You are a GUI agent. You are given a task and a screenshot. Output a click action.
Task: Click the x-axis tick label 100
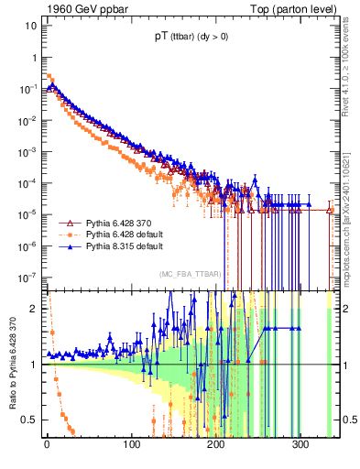131,445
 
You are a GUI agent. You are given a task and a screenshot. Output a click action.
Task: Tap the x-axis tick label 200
216,445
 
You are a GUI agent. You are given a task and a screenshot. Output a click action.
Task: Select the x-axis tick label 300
300,445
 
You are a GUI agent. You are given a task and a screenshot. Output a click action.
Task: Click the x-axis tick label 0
47,445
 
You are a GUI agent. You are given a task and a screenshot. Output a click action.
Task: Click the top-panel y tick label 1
33,57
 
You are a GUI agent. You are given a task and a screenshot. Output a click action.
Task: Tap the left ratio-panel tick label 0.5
28,420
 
